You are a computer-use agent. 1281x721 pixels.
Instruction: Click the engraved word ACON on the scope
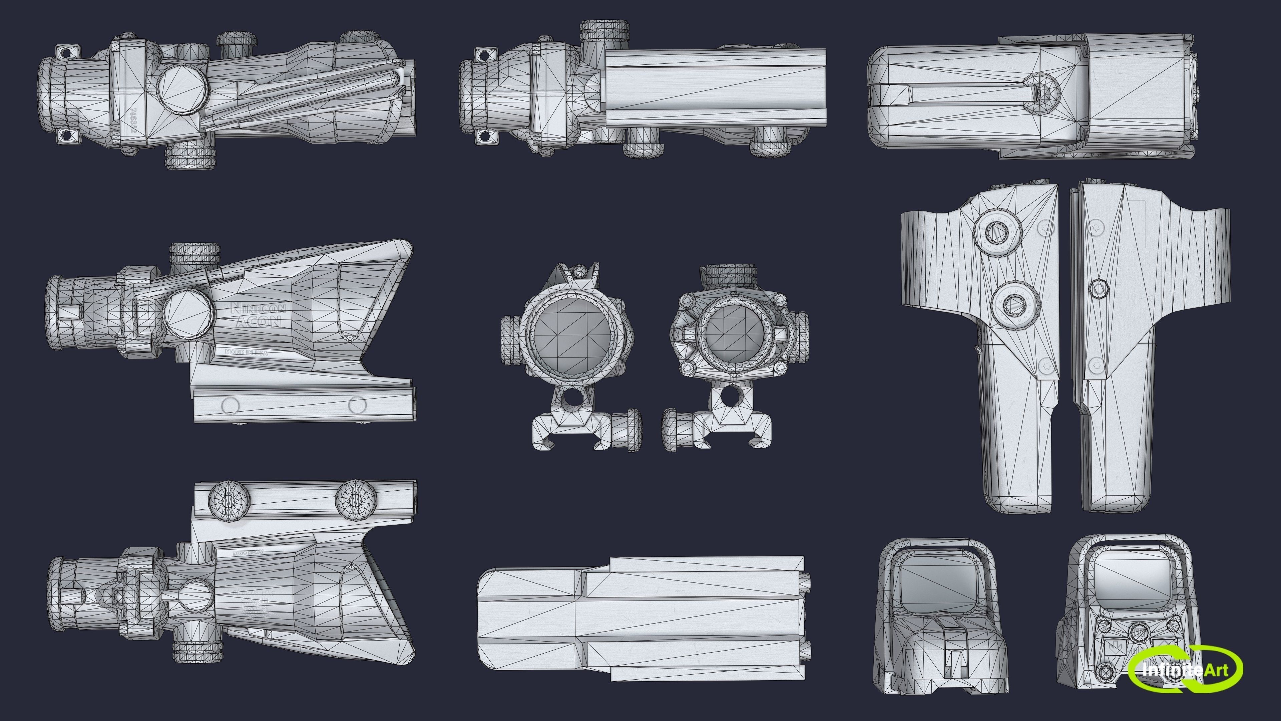coord(258,321)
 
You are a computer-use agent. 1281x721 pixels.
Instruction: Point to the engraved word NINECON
coord(258,308)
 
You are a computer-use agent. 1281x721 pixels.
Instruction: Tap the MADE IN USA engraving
coord(246,352)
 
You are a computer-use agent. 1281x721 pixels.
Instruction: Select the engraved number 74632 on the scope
coord(133,121)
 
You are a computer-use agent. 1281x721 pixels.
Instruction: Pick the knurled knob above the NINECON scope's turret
coord(195,254)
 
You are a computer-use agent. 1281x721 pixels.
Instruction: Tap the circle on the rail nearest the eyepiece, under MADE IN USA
coord(230,406)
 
